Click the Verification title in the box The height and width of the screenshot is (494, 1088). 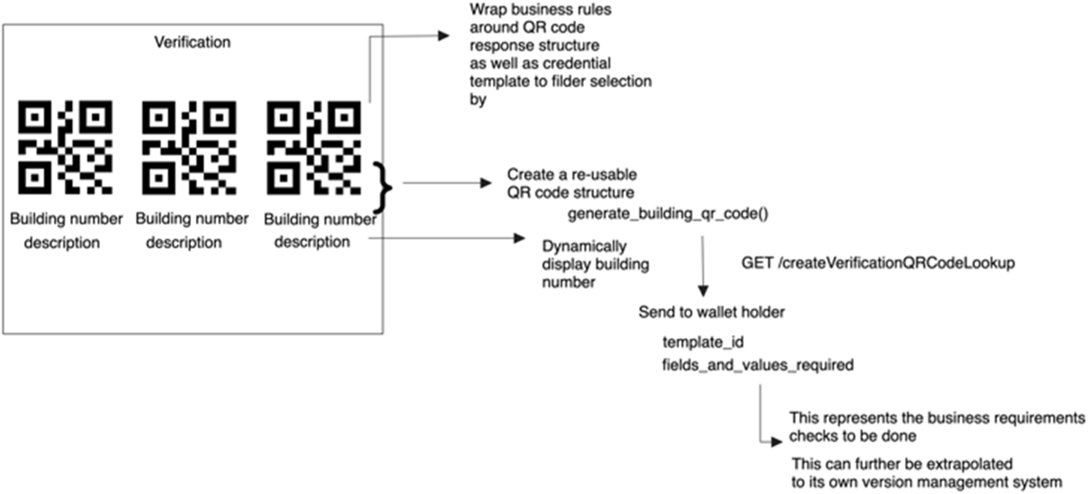click(192, 42)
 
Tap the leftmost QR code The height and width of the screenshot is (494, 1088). click(65, 147)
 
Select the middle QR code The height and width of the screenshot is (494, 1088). click(189, 147)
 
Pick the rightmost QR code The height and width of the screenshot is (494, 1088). click(314, 147)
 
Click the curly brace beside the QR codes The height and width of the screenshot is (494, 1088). click(383, 187)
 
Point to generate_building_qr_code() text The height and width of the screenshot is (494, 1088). click(667, 214)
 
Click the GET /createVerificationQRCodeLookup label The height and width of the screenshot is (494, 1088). click(878, 263)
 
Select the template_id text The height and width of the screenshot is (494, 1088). click(703, 342)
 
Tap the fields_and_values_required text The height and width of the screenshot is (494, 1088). click(757, 365)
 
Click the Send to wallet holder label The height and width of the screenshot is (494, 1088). click(711, 312)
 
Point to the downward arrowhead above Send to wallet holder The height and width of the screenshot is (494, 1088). click(703, 291)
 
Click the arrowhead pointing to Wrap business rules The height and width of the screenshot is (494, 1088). click(443, 36)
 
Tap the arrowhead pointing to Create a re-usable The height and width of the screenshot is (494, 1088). click(485, 183)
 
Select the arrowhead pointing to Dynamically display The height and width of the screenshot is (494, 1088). click(519, 238)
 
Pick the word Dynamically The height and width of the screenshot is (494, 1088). click(584, 246)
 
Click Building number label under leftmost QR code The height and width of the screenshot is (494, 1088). click(66, 219)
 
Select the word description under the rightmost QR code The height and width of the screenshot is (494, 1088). click(312, 242)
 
